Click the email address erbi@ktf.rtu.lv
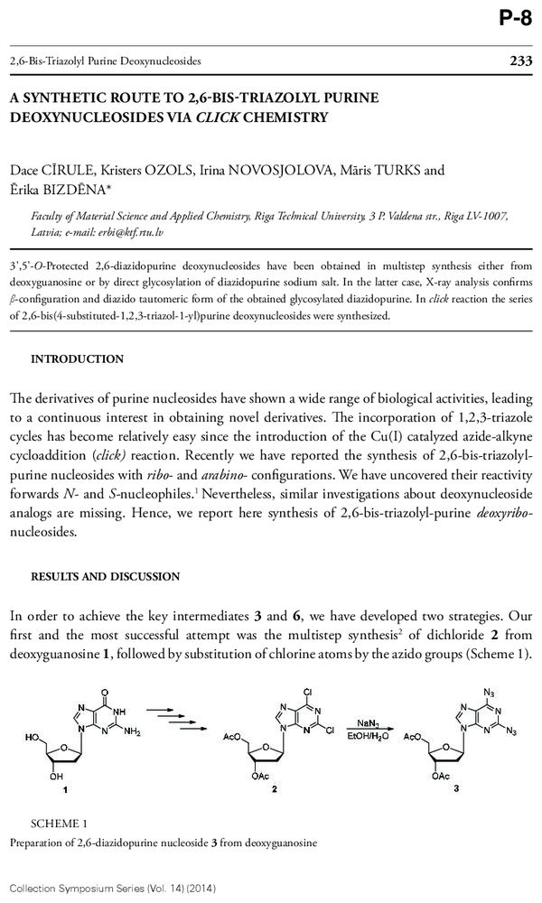pyautogui.click(x=133, y=232)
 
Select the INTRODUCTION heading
pyautogui.click(x=78, y=358)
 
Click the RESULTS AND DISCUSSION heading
pyautogui.click(x=105, y=576)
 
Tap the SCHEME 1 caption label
pyautogui.click(x=59, y=824)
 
